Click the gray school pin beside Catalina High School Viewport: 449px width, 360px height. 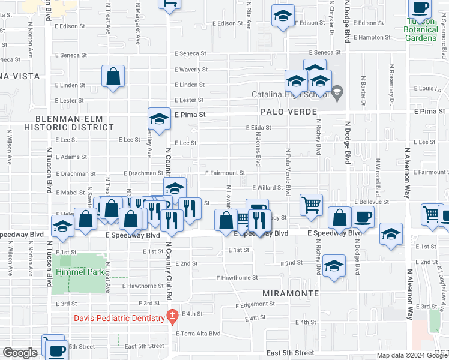(x=337, y=92)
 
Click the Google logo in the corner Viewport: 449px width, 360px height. (x=20, y=353)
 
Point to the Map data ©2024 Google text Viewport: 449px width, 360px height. (x=411, y=355)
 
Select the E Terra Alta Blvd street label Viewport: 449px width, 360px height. (x=198, y=334)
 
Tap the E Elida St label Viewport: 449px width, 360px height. (x=259, y=128)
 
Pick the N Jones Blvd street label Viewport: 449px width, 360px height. (x=259, y=149)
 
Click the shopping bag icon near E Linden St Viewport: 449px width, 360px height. (x=113, y=76)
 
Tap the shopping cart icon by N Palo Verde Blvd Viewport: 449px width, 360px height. (x=311, y=205)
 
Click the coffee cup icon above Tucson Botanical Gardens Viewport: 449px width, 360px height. (x=420, y=8)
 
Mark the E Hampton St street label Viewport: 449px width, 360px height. (x=371, y=37)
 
